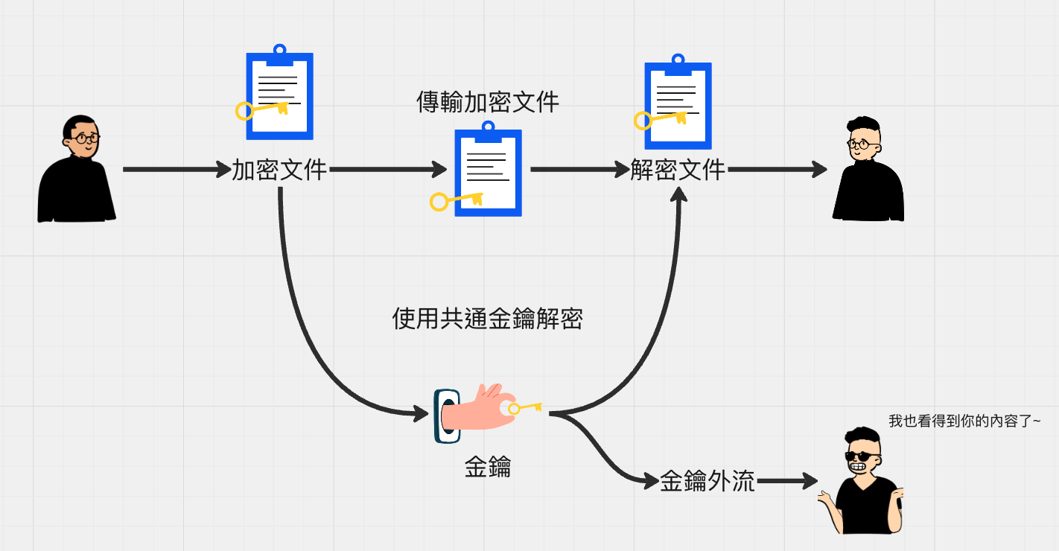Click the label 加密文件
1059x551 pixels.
(279, 170)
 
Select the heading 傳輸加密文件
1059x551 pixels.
(488, 102)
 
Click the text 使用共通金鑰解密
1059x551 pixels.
(487, 319)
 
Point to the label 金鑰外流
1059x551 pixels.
(707, 482)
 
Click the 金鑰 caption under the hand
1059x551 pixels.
(488, 468)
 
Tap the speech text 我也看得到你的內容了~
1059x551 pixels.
(964, 421)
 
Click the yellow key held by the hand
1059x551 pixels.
(526, 408)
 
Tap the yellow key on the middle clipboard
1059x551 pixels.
(456, 200)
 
